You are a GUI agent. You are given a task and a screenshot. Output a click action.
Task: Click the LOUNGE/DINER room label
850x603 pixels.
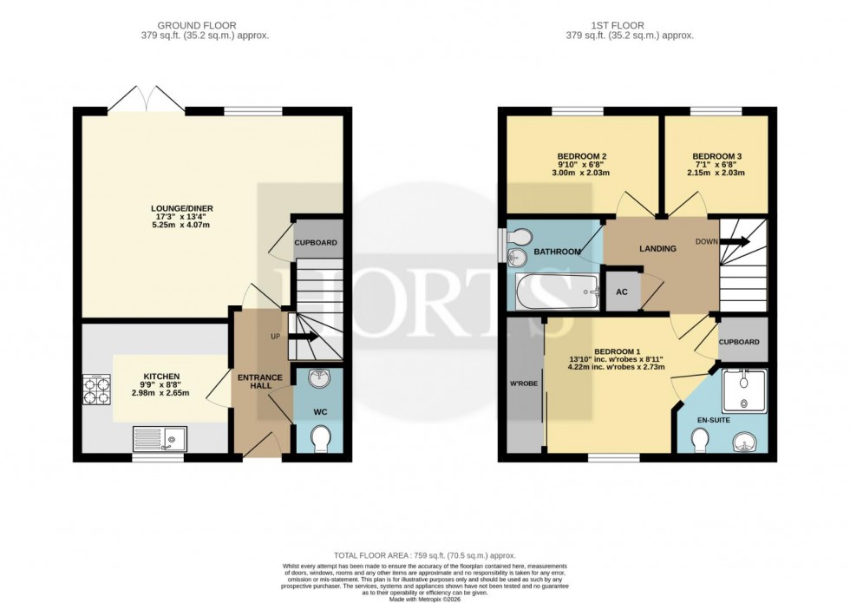pos(182,208)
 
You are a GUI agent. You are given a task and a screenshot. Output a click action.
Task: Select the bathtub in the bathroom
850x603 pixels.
pos(555,291)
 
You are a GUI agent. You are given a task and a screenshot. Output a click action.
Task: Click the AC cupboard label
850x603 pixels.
pos(622,292)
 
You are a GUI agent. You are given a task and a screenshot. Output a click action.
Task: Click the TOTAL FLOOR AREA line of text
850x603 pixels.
pos(424,554)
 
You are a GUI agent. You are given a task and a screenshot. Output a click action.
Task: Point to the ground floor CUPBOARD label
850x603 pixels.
pos(316,243)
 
